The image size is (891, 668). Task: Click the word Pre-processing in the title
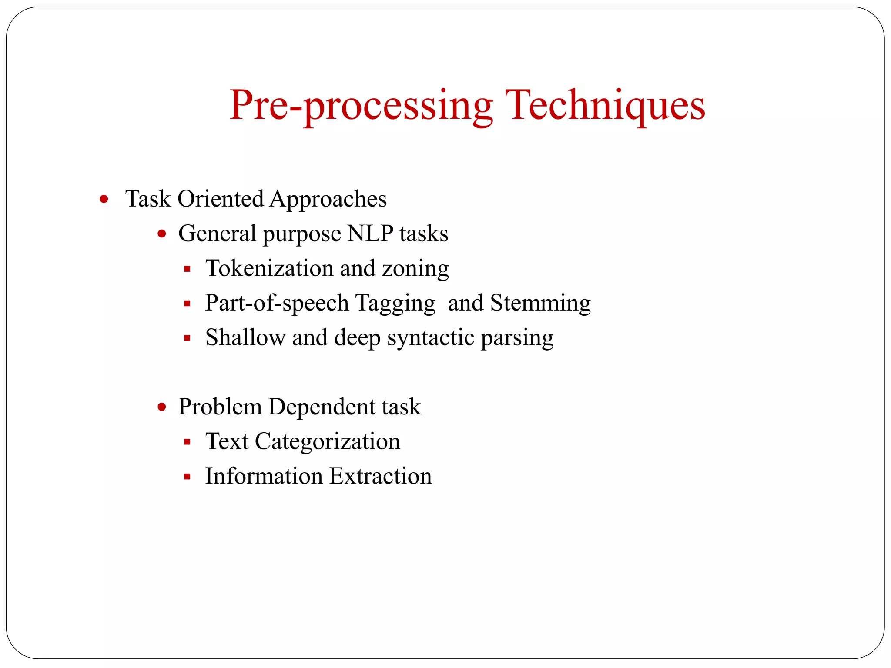tap(361, 105)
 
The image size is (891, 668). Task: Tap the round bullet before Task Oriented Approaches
tap(104, 200)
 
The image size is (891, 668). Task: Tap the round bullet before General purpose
tap(162, 234)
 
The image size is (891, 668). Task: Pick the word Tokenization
tap(269, 268)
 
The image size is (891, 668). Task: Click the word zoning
tap(415, 269)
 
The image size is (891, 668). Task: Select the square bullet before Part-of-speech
tap(188, 304)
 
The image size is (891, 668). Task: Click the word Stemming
tap(540, 303)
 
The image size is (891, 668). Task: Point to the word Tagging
tap(395, 303)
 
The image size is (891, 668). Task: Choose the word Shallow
tap(245, 337)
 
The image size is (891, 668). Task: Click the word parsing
tap(517, 338)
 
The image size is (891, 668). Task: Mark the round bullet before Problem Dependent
tap(162, 407)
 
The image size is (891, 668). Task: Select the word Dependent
tap(322, 407)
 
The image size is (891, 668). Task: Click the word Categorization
tap(327, 442)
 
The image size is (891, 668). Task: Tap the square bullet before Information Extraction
tap(188, 477)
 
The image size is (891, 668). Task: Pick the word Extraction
tap(381, 476)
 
